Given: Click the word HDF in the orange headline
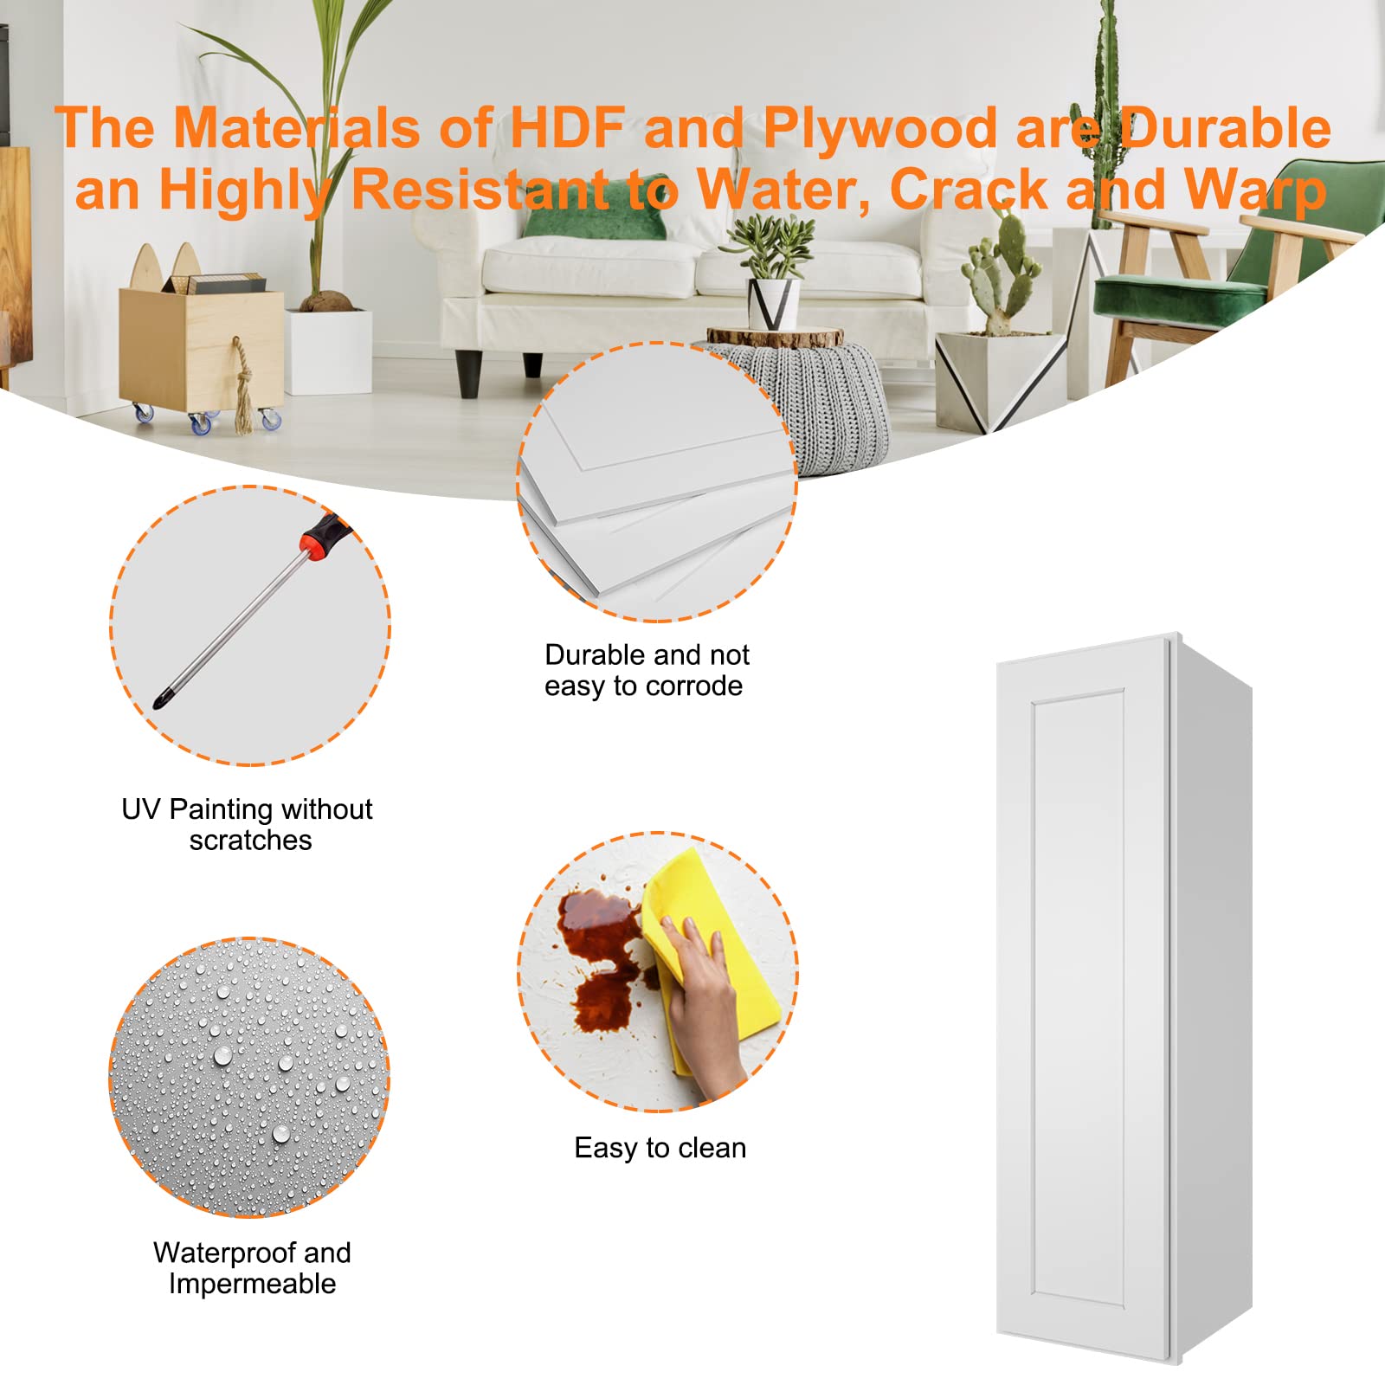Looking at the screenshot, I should point(567,128).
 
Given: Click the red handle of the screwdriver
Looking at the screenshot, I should point(322,533).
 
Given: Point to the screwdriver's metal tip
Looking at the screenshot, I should point(160,699).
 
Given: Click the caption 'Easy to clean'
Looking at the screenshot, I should point(660,1148).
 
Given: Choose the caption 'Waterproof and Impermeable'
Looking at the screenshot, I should point(252,1268).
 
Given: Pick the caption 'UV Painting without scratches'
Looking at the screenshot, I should point(248,824).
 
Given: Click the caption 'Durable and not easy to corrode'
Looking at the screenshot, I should point(646,670).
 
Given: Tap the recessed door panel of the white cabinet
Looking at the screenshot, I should point(1078,995).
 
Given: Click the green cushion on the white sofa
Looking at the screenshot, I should point(596,218).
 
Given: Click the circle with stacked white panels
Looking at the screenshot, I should point(658,482).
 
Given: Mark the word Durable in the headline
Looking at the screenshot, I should point(1225,128).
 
